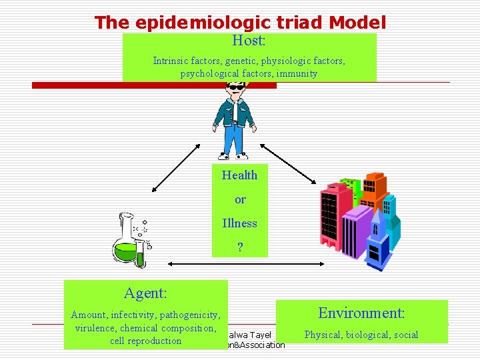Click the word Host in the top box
pyautogui.click(x=248, y=41)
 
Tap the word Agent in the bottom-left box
pyautogui.click(x=145, y=293)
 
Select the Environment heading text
pyautogui.click(x=361, y=313)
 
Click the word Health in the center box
pyautogui.click(x=239, y=175)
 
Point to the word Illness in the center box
pyautogui.click(x=239, y=223)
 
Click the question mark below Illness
pyautogui.click(x=240, y=247)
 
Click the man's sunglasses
pyautogui.click(x=235, y=87)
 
